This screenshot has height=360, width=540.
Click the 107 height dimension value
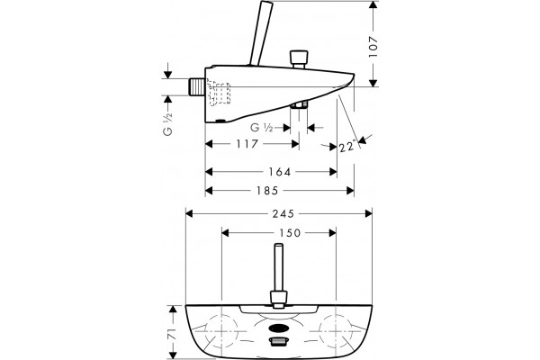pos(373,47)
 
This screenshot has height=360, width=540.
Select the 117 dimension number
pos(247,144)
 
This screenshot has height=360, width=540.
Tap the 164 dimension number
pos(280,172)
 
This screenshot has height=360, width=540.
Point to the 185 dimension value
pos(267,191)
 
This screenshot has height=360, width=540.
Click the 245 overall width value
pos(283,214)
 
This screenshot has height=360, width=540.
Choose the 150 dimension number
pos(290,233)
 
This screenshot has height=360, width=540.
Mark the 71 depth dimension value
pos(173,334)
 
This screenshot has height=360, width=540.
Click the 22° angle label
pos(346,147)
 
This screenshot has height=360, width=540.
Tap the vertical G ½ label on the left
pos(167,124)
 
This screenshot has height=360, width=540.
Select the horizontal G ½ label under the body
pos(262,128)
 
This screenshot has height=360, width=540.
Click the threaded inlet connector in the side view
pos(197,86)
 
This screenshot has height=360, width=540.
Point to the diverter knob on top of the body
pos(299,59)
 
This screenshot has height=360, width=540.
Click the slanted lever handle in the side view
pos(261,33)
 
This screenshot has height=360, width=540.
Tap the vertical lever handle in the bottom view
pos(279,275)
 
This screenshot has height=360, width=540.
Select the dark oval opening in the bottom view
pos(278,328)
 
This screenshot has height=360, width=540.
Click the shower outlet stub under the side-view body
pos(299,104)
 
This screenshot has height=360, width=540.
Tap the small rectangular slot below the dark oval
pos(278,341)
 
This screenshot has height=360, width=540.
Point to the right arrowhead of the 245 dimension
pos(368,214)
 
